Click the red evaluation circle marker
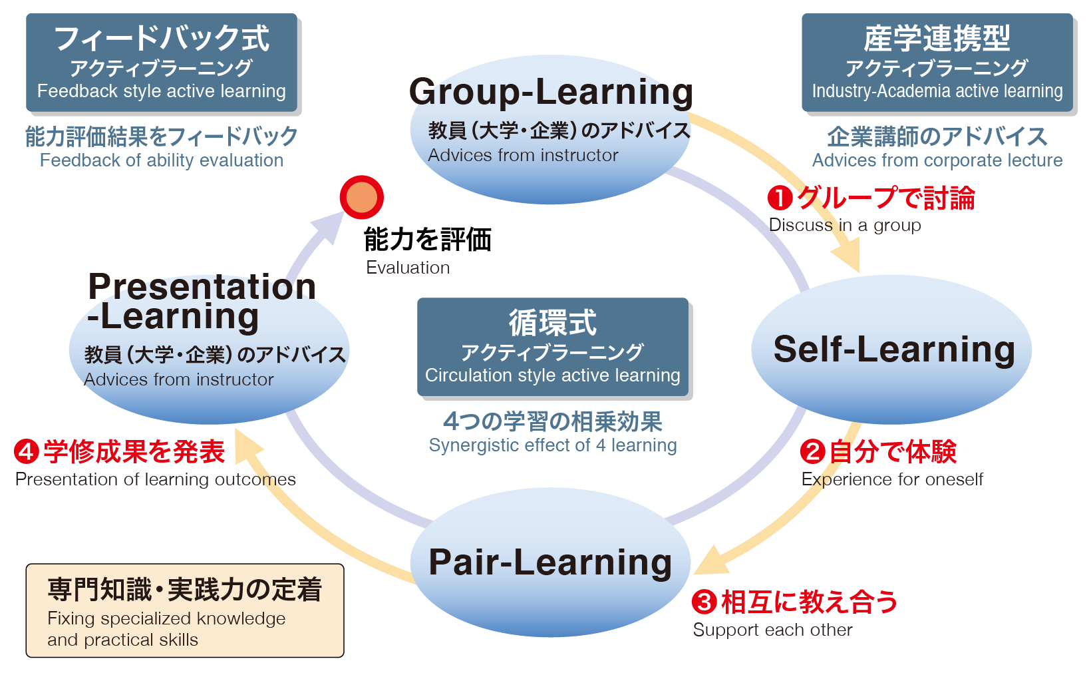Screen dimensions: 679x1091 (361, 197)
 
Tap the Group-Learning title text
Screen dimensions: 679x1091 (551, 92)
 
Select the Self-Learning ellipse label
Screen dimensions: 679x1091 (893, 349)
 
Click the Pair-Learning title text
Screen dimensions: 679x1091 (550, 562)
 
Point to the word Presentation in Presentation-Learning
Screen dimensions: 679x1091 (202, 286)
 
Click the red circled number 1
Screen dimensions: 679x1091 (780, 198)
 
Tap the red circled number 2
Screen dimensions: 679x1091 (812, 451)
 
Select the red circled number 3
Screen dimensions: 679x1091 (704, 602)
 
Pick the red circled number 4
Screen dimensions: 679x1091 (26, 451)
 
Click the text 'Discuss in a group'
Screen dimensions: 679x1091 (844, 225)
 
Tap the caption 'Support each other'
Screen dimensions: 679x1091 (772, 630)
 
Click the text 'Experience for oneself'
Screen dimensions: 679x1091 (891, 479)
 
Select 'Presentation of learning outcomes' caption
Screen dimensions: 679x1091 (155, 479)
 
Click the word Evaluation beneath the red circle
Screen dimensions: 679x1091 (408, 268)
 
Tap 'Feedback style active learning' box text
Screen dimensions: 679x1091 (161, 91)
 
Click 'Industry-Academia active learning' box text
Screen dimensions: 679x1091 (937, 91)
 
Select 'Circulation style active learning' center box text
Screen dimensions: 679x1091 (552, 375)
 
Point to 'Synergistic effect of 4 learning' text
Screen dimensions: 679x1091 (552, 445)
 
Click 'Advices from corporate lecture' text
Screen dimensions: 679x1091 (937, 160)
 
